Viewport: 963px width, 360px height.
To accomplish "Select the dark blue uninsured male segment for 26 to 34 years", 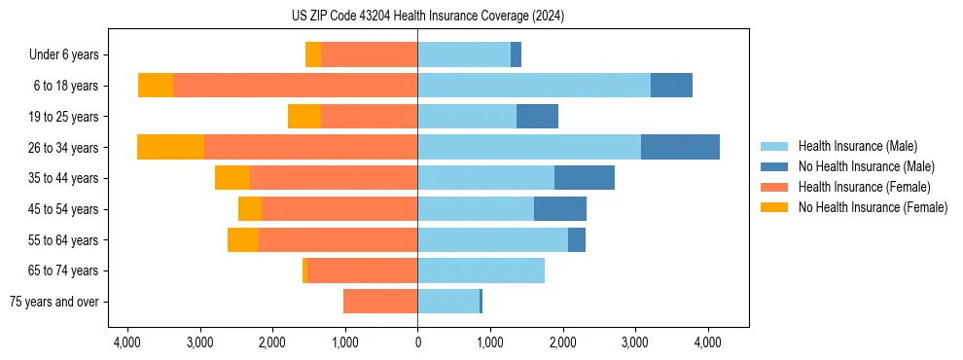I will [x=680, y=147].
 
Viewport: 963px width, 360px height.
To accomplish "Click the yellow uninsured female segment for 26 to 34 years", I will [x=170, y=147].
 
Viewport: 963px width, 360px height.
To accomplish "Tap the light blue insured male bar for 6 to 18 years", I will [x=534, y=86].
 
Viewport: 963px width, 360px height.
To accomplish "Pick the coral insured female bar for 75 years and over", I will [x=380, y=302].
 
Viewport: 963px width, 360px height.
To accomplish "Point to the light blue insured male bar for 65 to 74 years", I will [x=481, y=270].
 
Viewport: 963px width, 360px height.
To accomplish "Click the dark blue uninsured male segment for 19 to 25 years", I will [x=537, y=117].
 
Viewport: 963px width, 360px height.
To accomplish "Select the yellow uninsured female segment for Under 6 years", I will [x=313, y=54].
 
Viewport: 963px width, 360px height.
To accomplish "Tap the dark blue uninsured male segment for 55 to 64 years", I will [x=577, y=239].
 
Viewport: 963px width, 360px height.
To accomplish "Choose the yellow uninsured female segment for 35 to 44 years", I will [x=232, y=178].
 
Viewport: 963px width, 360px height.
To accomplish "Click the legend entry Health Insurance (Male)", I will [x=856, y=146].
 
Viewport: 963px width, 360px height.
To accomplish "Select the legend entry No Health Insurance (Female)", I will [x=873, y=207].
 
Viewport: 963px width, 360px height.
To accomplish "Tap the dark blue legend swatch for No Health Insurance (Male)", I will [x=774, y=166].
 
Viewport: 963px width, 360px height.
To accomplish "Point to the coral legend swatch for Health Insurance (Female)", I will [x=774, y=187].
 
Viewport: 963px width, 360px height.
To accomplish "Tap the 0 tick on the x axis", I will [x=417, y=342].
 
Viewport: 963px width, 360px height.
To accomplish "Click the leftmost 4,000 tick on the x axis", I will [x=127, y=342].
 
